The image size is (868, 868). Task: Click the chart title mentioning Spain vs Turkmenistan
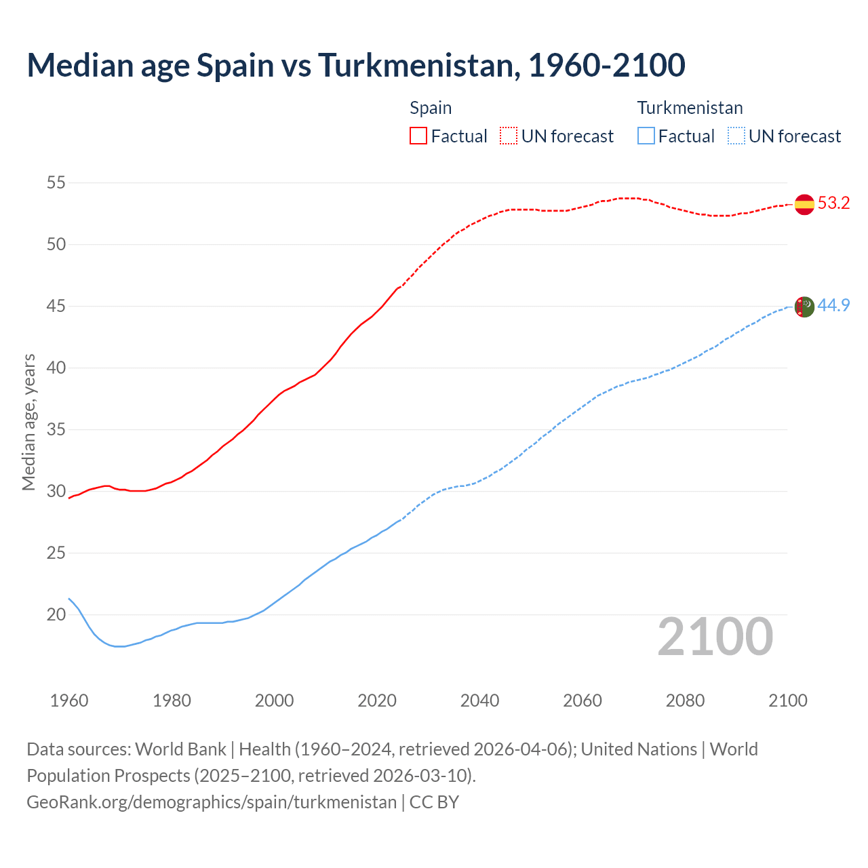click(356, 65)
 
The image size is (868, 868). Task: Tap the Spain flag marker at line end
click(804, 204)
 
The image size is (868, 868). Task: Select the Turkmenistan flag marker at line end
click(804, 307)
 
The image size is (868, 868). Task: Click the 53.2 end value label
click(833, 203)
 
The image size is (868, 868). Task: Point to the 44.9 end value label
click(833, 306)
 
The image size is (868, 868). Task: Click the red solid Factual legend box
click(418, 136)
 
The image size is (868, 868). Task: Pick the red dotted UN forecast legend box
click(509, 136)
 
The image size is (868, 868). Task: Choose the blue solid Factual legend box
click(646, 136)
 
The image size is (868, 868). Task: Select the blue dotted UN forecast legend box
click(736, 136)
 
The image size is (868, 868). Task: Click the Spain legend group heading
click(431, 108)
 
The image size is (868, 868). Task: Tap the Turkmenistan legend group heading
click(690, 108)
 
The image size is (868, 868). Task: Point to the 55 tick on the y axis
click(56, 182)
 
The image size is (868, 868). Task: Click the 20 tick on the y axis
click(56, 615)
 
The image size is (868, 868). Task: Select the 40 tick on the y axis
click(56, 368)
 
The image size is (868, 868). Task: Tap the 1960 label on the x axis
click(69, 701)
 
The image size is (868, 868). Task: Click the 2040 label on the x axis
click(479, 701)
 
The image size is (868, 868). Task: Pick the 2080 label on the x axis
click(685, 701)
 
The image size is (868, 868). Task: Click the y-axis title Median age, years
click(28, 422)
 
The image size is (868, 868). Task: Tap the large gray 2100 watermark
click(715, 637)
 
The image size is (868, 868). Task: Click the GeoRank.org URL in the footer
click(212, 802)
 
